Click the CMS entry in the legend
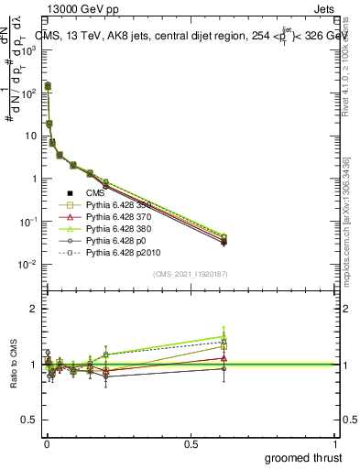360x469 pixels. coord(95,192)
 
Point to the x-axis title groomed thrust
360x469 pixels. coord(304,457)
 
